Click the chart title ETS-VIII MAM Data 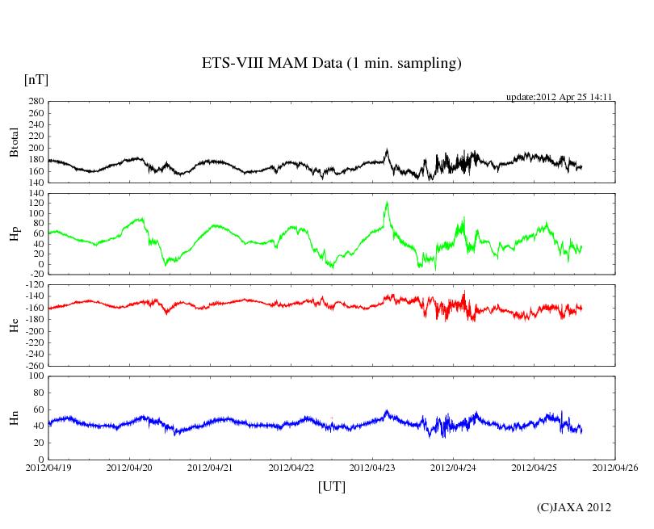331,63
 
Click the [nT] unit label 36,79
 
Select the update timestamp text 559,97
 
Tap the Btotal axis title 14,142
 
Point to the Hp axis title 14,234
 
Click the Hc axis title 14,325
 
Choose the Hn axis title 14,418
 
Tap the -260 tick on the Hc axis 32,366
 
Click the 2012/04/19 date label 48,468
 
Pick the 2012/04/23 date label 372,468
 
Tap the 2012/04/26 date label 615,468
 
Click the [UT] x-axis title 332,486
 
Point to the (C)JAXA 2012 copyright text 573,507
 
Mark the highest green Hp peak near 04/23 388,202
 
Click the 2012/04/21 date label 210,468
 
